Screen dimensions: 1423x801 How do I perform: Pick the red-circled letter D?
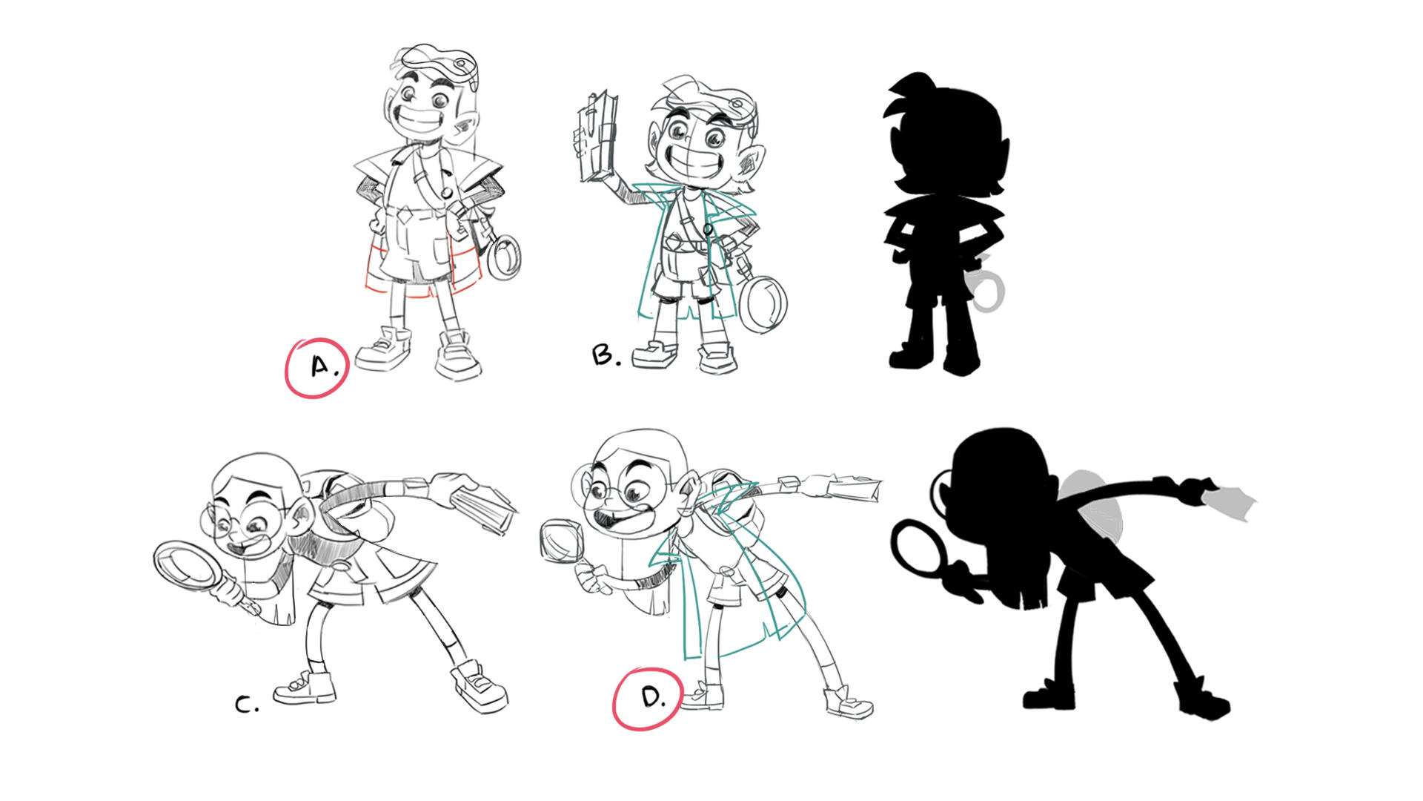point(651,697)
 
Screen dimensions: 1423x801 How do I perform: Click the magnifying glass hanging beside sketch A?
point(503,257)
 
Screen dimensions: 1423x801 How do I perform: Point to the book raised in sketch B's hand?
point(597,138)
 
